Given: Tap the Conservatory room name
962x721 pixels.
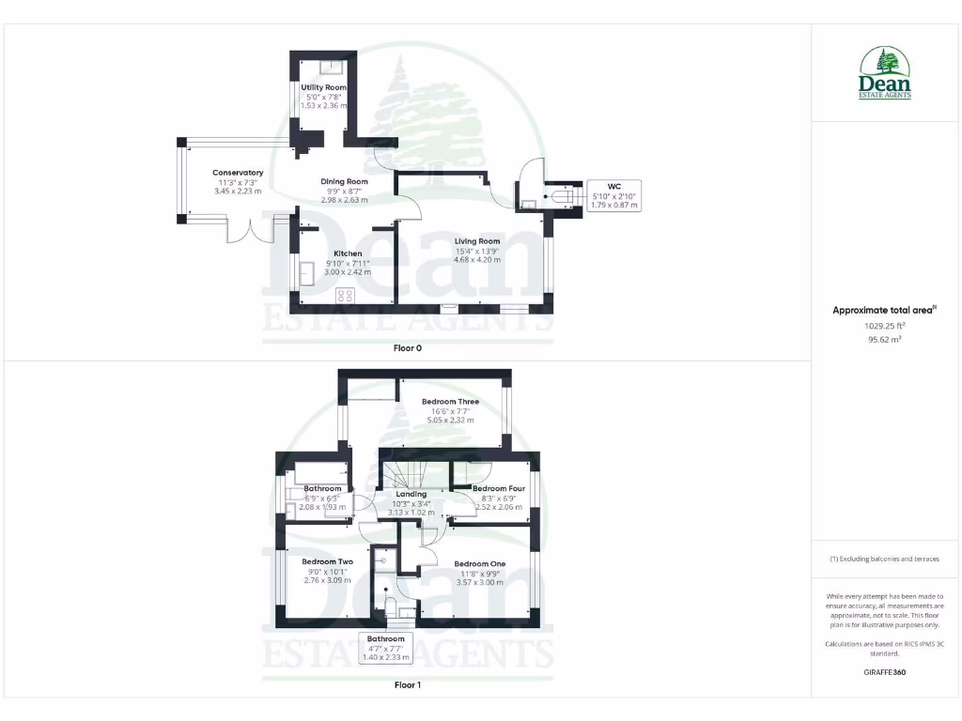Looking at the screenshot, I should click(238, 173).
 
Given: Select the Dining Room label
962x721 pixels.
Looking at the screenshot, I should click(344, 181).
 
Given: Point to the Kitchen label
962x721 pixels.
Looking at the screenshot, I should click(348, 253).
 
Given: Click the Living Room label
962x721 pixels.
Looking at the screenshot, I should click(477, 241).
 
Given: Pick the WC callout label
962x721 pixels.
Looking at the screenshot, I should click(614, 186).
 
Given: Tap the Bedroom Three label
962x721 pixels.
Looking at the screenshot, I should click(450, 402).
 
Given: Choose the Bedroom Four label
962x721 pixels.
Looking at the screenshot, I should click(498, 489).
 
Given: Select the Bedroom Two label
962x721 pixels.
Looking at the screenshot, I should click(327, 562).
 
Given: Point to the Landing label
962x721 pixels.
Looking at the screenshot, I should click(411, 494).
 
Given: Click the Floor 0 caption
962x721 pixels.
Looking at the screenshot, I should click(407, 347).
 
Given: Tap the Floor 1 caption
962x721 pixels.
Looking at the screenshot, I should click(407, 685).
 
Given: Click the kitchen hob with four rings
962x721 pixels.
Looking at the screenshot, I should click(345, 295).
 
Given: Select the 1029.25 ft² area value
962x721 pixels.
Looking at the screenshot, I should click(883, 326).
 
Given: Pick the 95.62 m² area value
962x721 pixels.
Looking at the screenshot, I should click(883, 340).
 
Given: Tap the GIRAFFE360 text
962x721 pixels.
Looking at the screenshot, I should click(883, 672).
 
